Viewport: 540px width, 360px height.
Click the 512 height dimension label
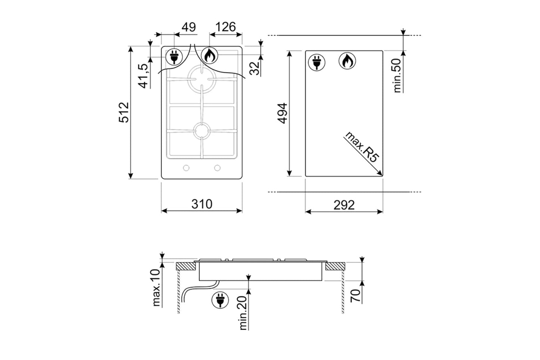[x=124, y=113]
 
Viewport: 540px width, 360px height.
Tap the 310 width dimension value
[x=202, y=204]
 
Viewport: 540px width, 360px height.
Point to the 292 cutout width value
[x=344, y=205]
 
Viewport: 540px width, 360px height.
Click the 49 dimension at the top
[x=189, y=27]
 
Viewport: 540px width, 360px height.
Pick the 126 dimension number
[x=225, y=27]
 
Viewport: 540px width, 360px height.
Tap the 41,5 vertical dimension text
[x=143, y=76]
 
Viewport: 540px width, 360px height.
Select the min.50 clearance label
[x=396, y=76]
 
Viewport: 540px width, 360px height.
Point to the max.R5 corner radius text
[x=362, y=148]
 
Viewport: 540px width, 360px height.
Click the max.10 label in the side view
[x=156, y=287]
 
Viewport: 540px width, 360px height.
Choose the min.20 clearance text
[x=243, y=313]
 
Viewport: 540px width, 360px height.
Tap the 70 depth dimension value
[x=356, y=296]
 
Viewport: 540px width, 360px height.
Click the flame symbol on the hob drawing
[x=210, y=55]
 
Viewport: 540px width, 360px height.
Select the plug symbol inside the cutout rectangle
[x=317, y=62]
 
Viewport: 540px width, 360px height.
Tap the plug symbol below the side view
[x=220, y=301]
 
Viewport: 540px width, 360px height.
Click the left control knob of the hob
[x=186, y=168]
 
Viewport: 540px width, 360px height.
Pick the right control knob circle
[x=217, y=168]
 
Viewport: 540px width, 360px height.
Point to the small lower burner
[x=202, y=131]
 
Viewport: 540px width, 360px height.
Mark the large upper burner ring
[x=202, y=79]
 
